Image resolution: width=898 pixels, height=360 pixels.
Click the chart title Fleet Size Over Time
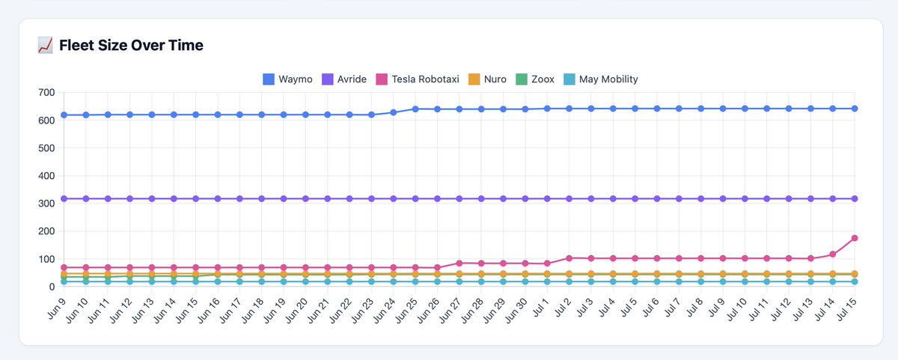[131, 46]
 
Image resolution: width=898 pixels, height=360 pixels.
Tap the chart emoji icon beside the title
[45, 46]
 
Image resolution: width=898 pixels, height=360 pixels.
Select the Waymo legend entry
[287, 79]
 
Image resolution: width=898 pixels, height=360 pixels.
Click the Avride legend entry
[344, 79]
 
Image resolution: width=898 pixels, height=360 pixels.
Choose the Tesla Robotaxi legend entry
[418, 79]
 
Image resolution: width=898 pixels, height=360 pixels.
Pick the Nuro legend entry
[487, 79]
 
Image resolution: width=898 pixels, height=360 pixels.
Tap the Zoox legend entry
[535, 79]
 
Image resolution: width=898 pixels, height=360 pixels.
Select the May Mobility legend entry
[600, 79]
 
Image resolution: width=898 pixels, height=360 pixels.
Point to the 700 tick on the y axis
[46, 93]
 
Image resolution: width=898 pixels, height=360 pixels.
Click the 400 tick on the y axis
[46, 176]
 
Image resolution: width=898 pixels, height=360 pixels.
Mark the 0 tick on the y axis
[52, 287]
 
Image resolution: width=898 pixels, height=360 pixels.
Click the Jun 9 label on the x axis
[57, 308]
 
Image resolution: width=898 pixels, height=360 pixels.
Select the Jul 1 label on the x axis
[540, 308]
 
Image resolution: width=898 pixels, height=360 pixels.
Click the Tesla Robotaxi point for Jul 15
[855, 238]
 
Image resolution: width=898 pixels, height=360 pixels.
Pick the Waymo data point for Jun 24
[394, 113]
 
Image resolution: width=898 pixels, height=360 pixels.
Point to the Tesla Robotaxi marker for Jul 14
[833, 254]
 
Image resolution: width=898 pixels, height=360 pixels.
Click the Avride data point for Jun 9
[64, 199]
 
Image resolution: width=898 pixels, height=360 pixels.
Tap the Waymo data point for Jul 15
[855, 109]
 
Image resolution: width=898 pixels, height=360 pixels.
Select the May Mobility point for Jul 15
[855, 282]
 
